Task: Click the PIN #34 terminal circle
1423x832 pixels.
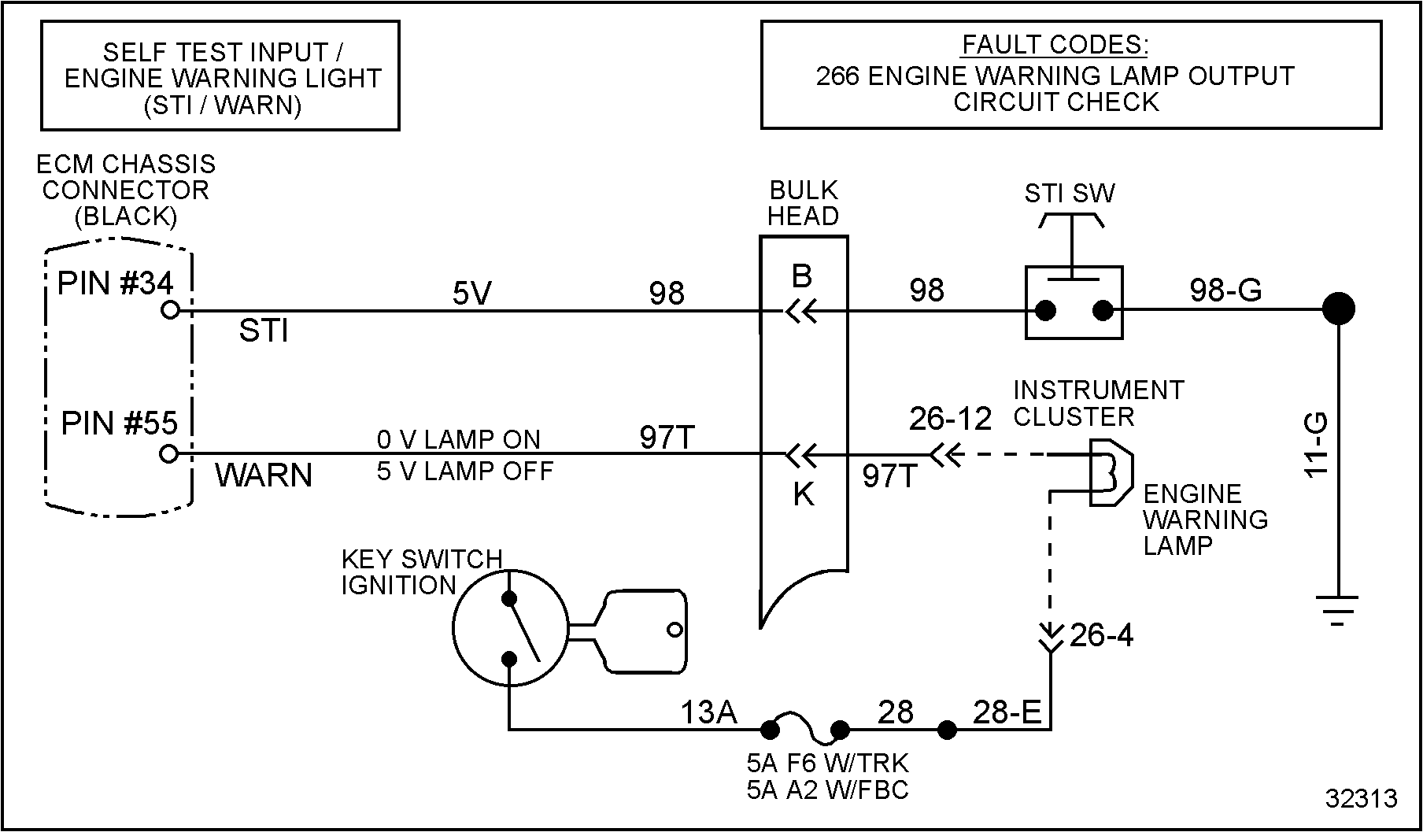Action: (x=169, y=311)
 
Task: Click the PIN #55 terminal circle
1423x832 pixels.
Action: (x=168, y=454)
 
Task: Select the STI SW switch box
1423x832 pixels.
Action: (x=1074, y=303)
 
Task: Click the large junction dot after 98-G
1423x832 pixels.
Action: (x=1337, y=309)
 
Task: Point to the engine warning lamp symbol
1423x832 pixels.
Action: (x=1110, y=472)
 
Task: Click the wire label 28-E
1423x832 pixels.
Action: (x=1007, y=712)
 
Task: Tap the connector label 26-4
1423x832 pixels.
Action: (x=1101, y=635)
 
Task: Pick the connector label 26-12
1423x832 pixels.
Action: (x=950, y=419)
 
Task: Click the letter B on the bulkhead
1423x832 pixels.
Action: (x=802, y=276)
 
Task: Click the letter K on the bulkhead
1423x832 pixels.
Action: (x=803, y=495)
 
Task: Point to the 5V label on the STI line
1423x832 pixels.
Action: (x=471, y=294)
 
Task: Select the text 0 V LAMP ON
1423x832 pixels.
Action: (x=458, y=439)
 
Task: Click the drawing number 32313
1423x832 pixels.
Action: (x=1361, y=798)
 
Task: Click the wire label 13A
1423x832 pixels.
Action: (x=708, y=712)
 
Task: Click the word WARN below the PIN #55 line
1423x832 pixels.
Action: (x=264, y=475)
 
